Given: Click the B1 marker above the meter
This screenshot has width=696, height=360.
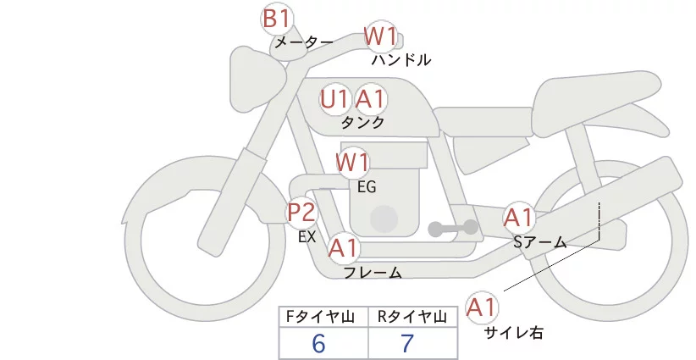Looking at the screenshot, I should [277, 17].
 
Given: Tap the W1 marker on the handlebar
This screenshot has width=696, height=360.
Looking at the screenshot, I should [380, 36].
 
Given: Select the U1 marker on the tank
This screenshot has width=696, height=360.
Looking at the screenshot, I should [335, 99].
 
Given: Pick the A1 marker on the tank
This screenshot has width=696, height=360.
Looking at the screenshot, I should [370, 99].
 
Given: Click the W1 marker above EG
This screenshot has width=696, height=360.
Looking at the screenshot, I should [353, 162].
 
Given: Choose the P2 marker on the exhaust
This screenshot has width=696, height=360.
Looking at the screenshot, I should [301, 212].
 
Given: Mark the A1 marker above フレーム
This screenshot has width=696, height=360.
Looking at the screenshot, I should [344, 248].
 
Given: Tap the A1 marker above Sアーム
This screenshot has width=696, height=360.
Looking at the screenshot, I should [518, 217].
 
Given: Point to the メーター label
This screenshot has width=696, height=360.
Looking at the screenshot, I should [303, 42].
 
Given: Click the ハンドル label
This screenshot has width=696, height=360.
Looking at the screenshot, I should [401, 60].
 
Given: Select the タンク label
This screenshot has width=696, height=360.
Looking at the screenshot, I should [363, 123].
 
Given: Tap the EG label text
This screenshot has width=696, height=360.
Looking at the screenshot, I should [367, 186].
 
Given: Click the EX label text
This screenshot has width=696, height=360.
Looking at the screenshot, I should [307, 237].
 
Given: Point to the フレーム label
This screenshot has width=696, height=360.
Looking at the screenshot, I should [373, 273].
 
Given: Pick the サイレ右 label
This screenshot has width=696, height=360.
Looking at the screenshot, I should [513, 333].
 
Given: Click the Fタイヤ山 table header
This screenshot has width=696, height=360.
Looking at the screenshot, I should [323, 318].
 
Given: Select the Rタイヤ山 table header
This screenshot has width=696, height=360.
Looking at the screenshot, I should [412, 318].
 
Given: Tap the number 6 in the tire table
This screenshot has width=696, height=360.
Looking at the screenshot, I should [319, 344].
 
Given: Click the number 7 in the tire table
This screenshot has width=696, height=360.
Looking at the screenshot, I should [408, 344].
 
